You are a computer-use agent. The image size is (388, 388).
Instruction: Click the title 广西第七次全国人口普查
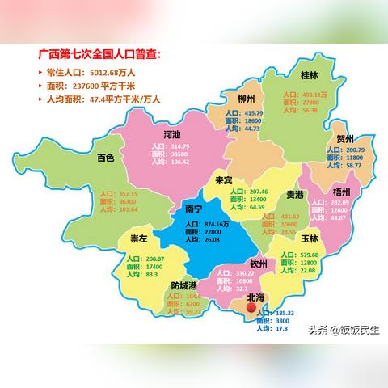click(x=99, y=55)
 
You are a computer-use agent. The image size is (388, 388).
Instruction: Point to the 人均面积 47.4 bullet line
click(x=102, y=99)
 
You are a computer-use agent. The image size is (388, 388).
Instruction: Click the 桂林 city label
click(x=309, y=76)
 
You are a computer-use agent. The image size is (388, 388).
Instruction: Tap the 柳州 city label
click(x=247, y=98)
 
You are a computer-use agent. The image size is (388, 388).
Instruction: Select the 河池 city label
click(x=172, y=134)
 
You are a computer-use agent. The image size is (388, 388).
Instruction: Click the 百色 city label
click(x=105, y=158)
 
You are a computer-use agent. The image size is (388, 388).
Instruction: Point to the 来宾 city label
click(x=224, y=180)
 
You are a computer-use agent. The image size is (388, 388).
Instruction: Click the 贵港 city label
click(x=296, y=195)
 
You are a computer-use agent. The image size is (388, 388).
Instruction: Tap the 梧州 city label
click(x=341, y=192)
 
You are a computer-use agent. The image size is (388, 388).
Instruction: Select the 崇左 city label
click(x=140, y=239)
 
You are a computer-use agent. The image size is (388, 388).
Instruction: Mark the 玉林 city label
click(x=309, y=239)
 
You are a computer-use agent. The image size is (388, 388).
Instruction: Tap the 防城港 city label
click(x=188, y=285)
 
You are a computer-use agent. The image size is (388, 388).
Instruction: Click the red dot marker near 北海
click(x=251, y=308)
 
